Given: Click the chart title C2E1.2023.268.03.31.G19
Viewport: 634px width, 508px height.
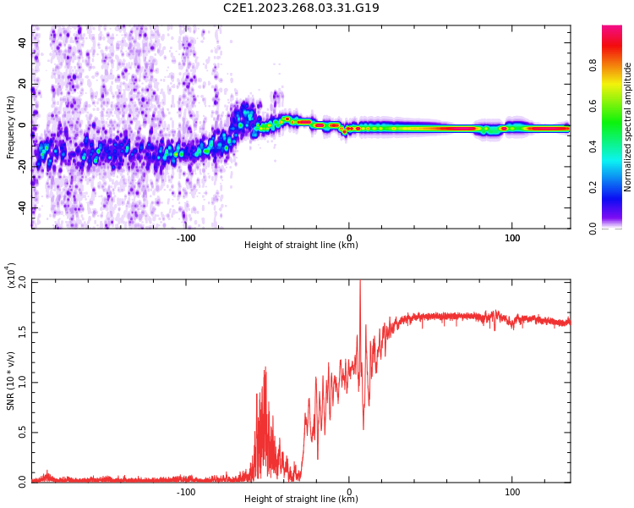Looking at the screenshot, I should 301,8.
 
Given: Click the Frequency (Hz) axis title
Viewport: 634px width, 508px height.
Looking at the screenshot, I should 11,127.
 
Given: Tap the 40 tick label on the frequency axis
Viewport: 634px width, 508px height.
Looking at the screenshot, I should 23,41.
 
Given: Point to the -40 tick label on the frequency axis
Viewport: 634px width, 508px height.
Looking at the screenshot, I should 21,208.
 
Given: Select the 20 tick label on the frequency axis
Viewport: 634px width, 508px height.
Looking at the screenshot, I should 23,83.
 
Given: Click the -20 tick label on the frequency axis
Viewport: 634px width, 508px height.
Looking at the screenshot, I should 21,167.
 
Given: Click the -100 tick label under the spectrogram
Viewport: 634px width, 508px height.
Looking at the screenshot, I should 186,238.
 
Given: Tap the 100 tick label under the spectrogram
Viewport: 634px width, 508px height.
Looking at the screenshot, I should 512,238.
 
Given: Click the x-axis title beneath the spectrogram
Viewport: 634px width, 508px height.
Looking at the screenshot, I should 301,246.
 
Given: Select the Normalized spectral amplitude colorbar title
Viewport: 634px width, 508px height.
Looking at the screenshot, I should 628,127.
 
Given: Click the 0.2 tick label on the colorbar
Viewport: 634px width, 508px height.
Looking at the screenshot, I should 616,188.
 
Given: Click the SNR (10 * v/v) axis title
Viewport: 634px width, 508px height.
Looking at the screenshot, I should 11,380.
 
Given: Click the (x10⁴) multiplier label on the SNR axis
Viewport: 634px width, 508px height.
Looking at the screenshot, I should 12,276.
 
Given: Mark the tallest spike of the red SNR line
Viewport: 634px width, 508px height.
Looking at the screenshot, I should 360,283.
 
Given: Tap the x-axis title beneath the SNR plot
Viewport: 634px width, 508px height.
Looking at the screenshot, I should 301,499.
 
